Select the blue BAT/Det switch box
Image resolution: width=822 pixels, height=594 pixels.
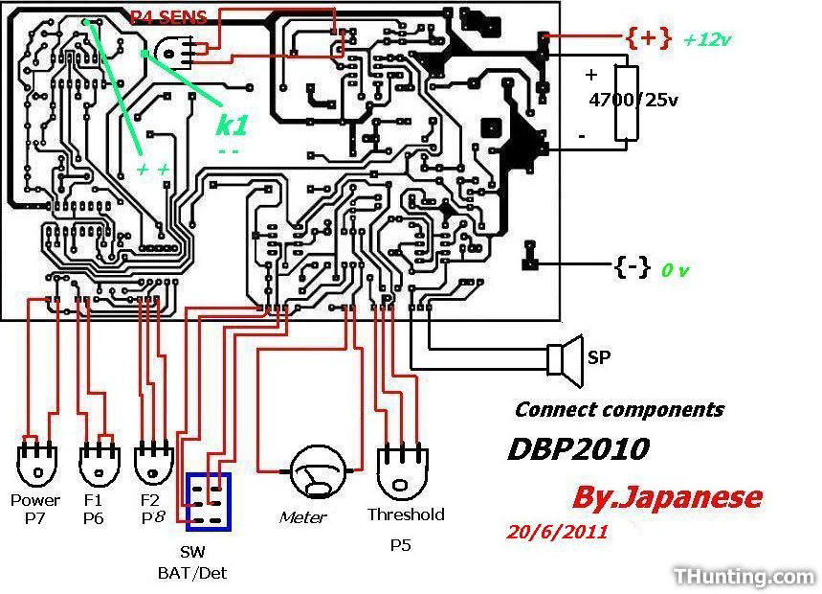pos(209,501)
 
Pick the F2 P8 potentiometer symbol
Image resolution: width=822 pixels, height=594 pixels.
pos(153,466)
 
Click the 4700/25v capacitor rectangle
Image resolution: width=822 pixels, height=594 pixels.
pos(627,103)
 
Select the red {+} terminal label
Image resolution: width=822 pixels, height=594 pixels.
pos(647,38)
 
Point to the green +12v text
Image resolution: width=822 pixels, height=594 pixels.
pos(706,40)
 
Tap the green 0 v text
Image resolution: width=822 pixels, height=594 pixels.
pos(675,270)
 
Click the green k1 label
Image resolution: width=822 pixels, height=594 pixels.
pos(231,125)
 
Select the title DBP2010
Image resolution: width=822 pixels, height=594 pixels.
pos(578,448)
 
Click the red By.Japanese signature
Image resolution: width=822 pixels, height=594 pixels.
pos(666,497)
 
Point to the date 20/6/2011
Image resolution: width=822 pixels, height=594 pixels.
pos(556,532)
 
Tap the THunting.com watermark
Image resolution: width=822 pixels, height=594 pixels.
pos(744,577)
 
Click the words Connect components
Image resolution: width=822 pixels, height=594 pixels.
pos(619,410)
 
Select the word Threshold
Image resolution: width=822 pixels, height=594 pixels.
pos(406,514)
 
